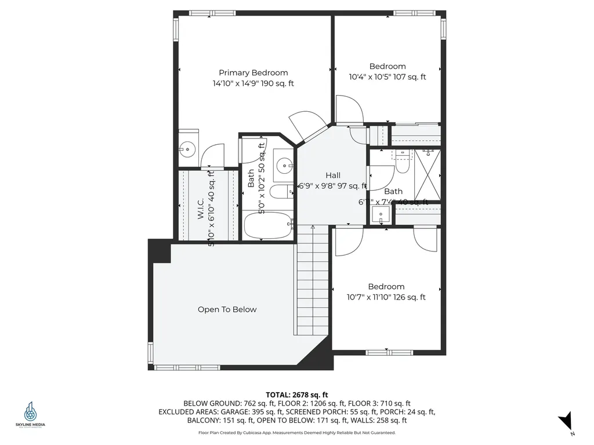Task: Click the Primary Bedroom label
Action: tap(253, 72)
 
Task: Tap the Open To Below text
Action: tap(227, 309)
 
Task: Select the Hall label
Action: tap(333, 175)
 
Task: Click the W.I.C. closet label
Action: tap(200, 205)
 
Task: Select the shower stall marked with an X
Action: tap(426, 174)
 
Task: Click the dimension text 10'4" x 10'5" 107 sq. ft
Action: tap(387, 76)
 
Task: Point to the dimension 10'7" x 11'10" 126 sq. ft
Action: tap(386, 297)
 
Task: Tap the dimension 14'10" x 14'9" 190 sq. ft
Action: tap(253, 83)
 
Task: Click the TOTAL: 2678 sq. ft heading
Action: tap(297, 394)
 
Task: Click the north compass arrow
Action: tap(567, 421)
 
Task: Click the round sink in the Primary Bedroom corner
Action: tap(187, 148)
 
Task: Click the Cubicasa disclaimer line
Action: tap(297, 432)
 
